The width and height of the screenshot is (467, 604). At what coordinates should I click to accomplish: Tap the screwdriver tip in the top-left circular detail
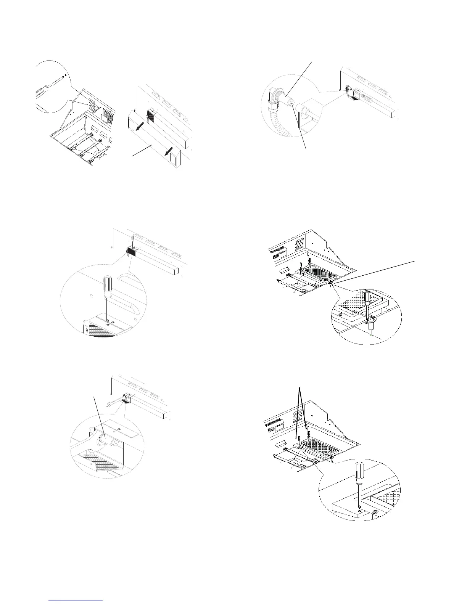[x=65, y=75]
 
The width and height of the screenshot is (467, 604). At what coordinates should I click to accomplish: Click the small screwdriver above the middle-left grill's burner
[x=132, y=241]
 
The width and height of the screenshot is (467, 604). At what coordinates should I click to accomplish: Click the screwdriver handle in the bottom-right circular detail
[x=359, y=472]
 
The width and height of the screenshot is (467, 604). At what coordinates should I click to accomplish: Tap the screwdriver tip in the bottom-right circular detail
[x=360, y=509]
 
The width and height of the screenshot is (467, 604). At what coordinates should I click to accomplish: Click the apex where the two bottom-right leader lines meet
[x=300, y=388]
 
